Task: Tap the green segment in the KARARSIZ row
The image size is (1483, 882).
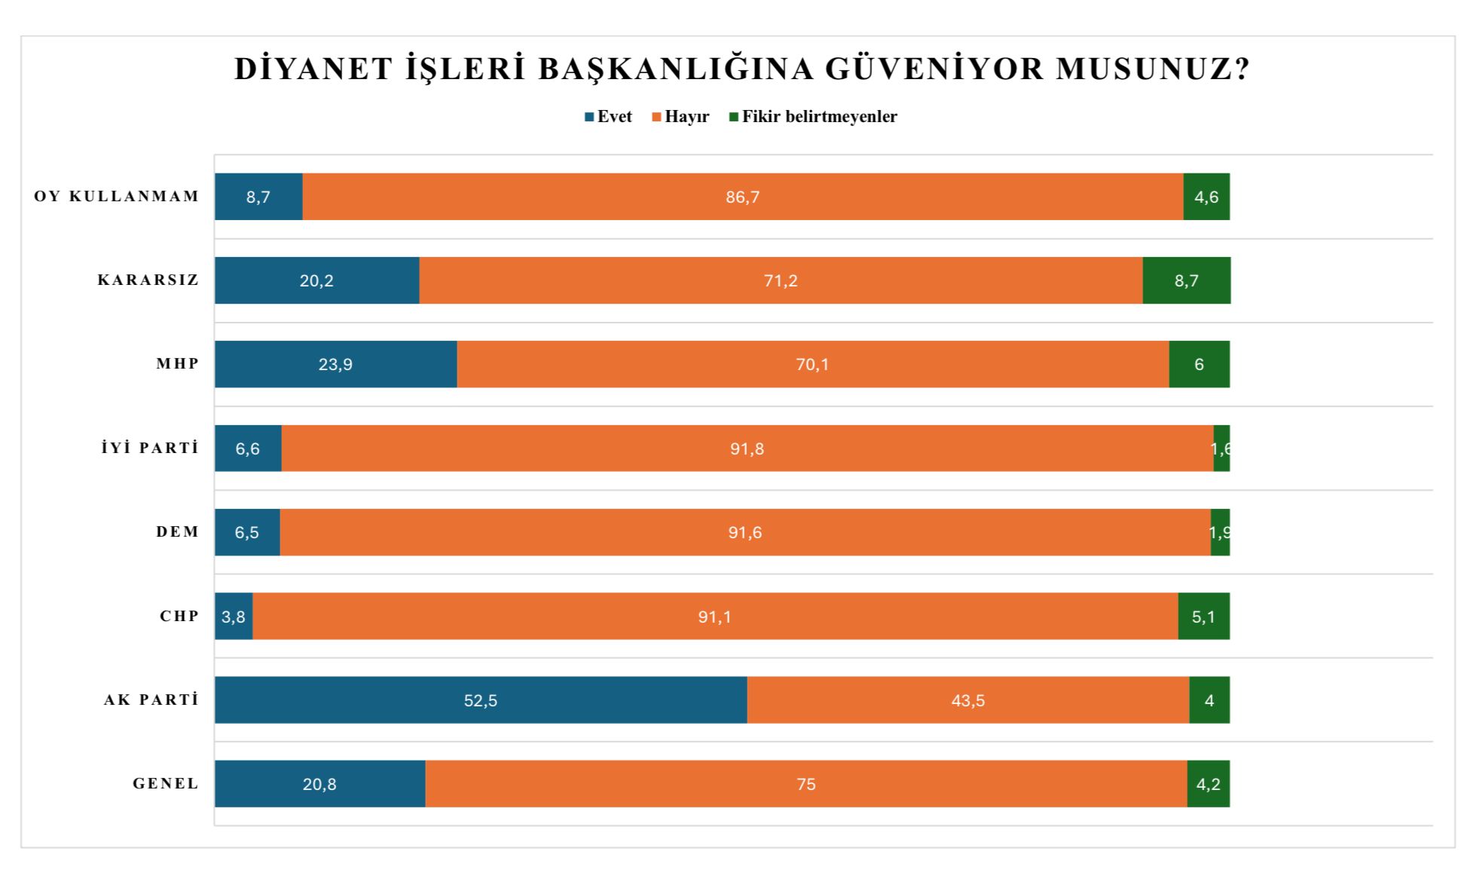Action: coord(1186,280)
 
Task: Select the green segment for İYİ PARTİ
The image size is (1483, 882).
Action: coord(1222,449)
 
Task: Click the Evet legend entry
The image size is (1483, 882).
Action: coord(608,117)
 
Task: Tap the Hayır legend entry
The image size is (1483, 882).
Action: coord(680,117)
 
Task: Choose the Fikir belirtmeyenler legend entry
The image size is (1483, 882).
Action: coord(813,117)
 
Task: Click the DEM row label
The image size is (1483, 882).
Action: coord(178,532)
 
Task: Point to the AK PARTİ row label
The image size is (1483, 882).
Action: coord(151,700)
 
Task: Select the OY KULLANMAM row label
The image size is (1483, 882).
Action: coord(117,197)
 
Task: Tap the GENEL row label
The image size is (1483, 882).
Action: coord(166,784)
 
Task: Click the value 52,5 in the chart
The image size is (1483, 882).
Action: coord(481,700)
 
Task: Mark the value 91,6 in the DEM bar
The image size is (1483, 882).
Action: coord(745,532)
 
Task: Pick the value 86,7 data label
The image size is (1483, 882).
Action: coord(743,197)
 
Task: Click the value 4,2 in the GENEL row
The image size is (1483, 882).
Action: coord(1208,784)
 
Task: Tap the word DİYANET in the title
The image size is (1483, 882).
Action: coord(313,69)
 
